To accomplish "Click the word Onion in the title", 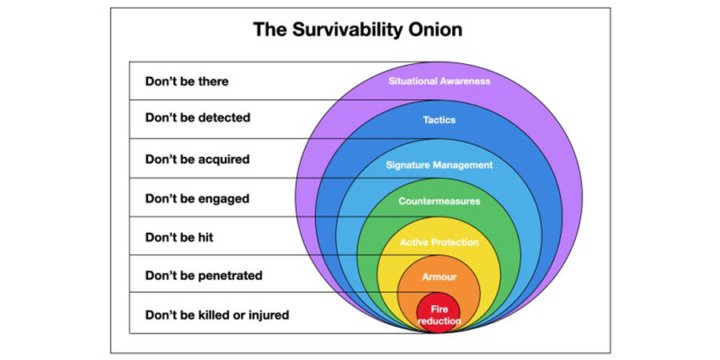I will [434, 30].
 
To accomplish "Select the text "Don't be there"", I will [186, 81].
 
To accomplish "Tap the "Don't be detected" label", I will [198, 118].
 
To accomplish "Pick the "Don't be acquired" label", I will [197, 159].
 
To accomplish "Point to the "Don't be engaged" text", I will [197, 198].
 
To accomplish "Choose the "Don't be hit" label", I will [179, 238].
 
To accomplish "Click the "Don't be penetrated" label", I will [203, 276].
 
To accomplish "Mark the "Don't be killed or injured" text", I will [217, 315].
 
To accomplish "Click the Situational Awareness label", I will [439, 81].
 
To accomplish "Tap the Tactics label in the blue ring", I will [439, 120].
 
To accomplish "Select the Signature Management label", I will [439, 165].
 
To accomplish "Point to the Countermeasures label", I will [439, 202].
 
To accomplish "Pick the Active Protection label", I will [439, 242].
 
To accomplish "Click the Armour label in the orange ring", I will [439, 276].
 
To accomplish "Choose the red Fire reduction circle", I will [439, 314].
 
